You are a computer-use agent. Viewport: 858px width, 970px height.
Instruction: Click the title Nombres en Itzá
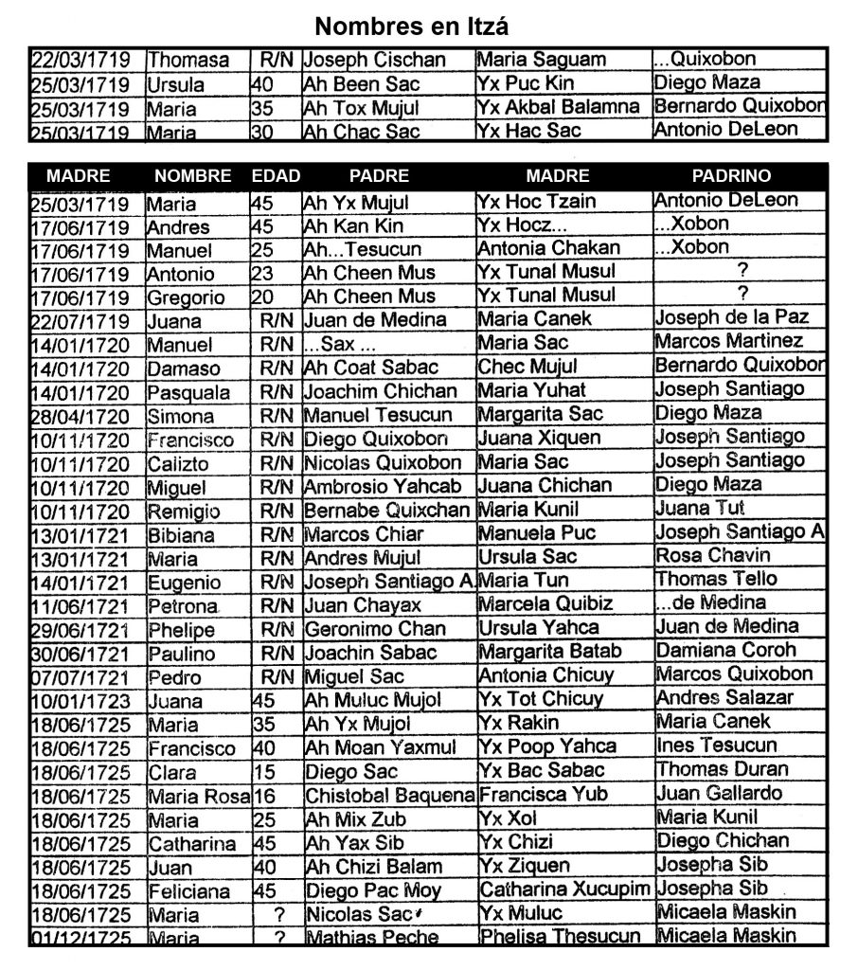(411, 24)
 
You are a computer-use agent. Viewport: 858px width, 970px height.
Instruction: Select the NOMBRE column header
(193, 176)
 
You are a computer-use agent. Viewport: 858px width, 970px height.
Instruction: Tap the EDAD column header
(276, 176)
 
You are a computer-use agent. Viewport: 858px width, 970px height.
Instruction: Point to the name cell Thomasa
(188, 61)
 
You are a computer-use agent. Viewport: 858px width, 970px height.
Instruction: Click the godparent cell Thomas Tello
(716, 579)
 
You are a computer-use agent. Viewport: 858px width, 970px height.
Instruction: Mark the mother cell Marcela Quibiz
(545, 603)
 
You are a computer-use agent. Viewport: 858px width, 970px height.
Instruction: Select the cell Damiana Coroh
(725, 651)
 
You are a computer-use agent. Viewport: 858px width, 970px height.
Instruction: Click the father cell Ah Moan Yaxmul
(381, 747)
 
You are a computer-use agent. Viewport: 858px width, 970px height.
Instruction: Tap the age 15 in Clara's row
(261, 772)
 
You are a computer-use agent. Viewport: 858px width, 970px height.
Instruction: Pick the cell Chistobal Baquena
(389, 795)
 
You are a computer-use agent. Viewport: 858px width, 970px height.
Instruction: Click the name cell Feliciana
(188, 891)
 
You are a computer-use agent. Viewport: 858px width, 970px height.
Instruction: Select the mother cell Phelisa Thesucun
(560, 937)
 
